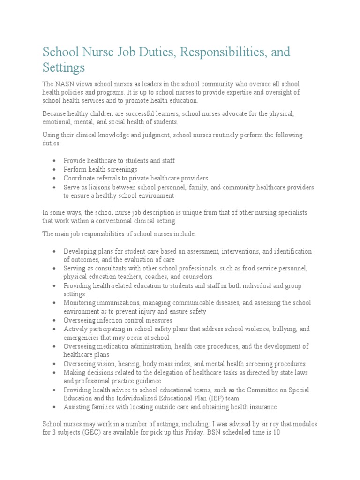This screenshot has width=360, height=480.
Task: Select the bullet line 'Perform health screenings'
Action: pos(100,169)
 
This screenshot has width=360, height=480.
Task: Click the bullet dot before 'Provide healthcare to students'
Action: pos(55,161)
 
